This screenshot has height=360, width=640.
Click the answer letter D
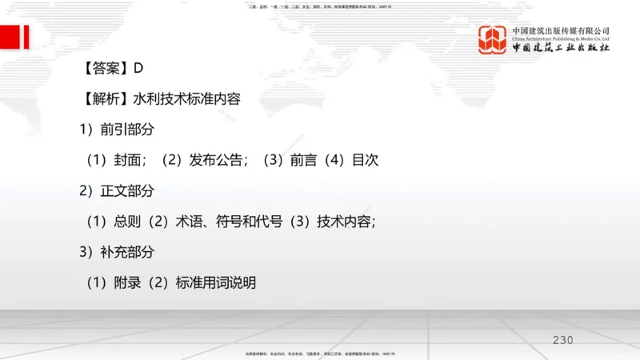(138, 70)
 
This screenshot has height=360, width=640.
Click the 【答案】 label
(104, 70)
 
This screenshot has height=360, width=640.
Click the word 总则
(128, 222)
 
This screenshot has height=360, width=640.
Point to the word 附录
(128, 282)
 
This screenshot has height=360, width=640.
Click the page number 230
(563, 341)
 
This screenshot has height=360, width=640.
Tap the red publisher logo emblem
(494, 40)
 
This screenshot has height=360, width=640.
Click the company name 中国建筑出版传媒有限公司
(561, 30)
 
